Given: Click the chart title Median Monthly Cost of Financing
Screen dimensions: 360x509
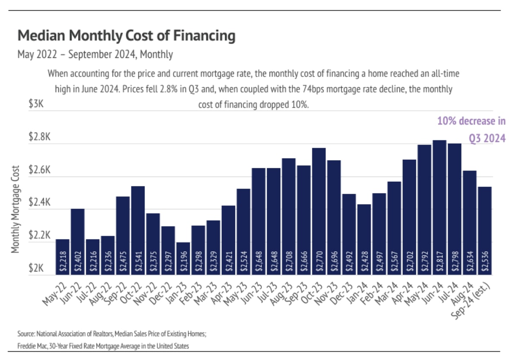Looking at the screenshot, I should [126, 36].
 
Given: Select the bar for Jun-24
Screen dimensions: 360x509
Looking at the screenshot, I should [439, 207].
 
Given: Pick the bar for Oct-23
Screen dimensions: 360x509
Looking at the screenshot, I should [319, 212].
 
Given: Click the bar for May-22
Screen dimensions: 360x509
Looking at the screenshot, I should [63, 257].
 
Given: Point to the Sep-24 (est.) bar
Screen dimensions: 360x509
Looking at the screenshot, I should [484, 231].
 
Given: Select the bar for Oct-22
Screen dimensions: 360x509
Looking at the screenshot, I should [138, 231].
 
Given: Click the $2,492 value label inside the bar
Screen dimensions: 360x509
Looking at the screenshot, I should [349, 263].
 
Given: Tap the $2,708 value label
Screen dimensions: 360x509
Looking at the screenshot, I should [289, 263].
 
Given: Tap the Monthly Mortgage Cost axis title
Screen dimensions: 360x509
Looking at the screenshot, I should [16, 209].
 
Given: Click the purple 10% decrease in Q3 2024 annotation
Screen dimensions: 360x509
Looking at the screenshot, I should [471, 129].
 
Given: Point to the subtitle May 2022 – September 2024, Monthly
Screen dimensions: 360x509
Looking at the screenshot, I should [95, 55].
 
